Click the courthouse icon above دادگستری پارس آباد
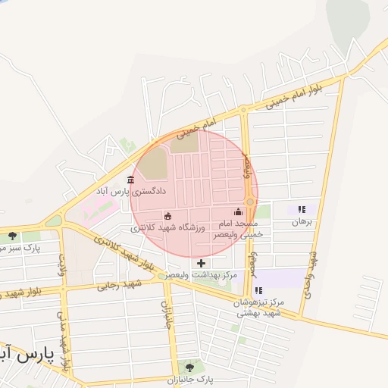point(131,180)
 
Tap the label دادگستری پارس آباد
point(125,192)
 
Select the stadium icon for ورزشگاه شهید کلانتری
point(167,216)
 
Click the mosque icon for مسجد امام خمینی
point(239,211)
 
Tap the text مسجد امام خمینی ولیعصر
point(239,230)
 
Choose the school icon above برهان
point(302,209)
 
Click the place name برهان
point(302,222)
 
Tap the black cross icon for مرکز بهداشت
point(201,262)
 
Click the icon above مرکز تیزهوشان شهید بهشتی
point(258,290)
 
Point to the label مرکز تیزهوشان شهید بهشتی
point(258,307)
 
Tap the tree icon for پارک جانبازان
point(189,368)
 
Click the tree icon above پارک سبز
point(12,236)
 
